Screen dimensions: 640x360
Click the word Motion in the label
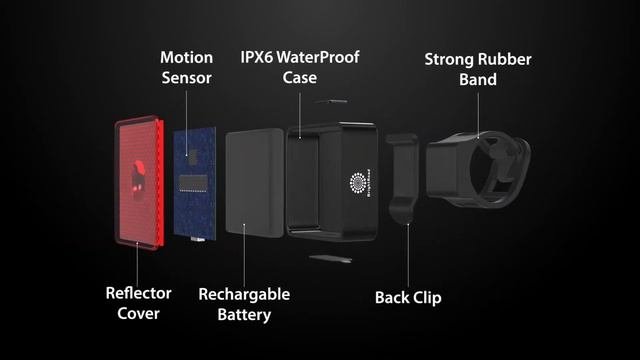click(187, 58)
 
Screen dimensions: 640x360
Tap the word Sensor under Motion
click(187, 78)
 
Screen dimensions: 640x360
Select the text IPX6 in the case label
click(256, 57)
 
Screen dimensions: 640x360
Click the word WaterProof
click(318, 57)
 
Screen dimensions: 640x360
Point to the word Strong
click(449, 60)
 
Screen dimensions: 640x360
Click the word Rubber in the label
click(504, 59)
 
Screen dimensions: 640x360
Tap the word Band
click(478, 79)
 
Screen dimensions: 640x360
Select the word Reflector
click(138, 293)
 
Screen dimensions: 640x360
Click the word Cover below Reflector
click(138, 313)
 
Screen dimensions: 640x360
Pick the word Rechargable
click(244, 295)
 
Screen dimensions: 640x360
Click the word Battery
click(244, 315)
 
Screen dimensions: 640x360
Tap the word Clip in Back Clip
click(427, 298)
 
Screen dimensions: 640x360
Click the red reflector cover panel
click(139, 182)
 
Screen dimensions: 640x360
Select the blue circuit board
click(195, 183)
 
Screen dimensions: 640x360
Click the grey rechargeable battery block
click(255, 182)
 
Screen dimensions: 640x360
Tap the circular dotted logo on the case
click(358, 182)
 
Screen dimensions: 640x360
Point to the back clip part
click(402, 179)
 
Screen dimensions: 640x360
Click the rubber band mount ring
click(478, 169)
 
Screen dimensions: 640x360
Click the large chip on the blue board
click(193, 184)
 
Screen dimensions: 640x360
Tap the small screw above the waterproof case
click(331, 101)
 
